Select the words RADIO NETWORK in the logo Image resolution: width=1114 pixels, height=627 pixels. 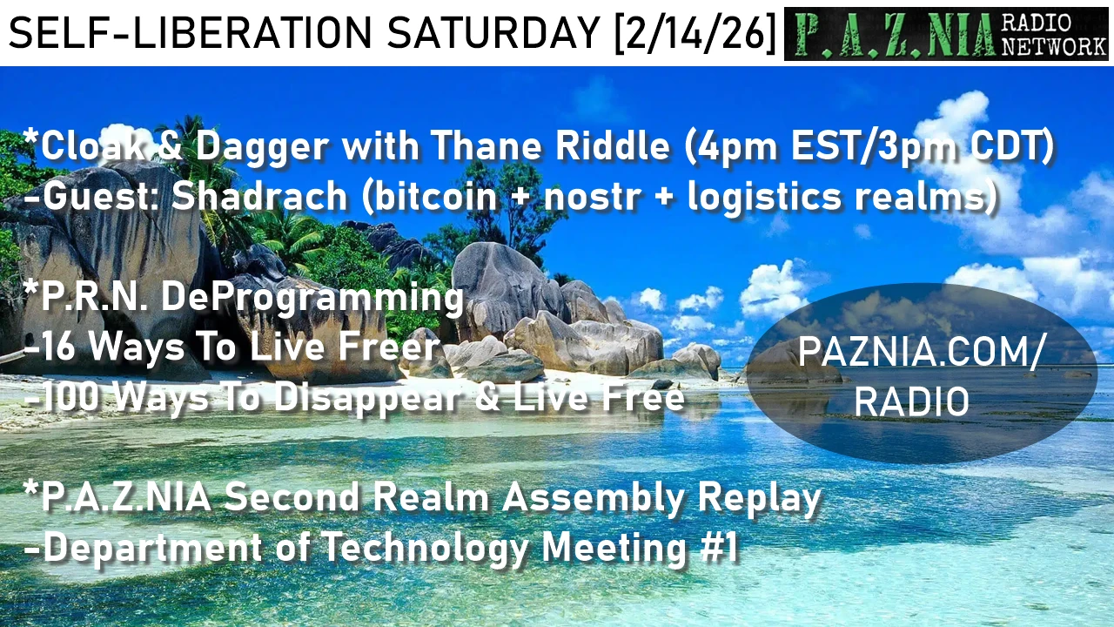[x=1053, y=33]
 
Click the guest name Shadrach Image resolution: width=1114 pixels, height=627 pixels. [x=259, y=196]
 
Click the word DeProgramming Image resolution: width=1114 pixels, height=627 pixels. [x=312, y=299]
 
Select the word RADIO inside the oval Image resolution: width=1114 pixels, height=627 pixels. [x=912, y=401]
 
